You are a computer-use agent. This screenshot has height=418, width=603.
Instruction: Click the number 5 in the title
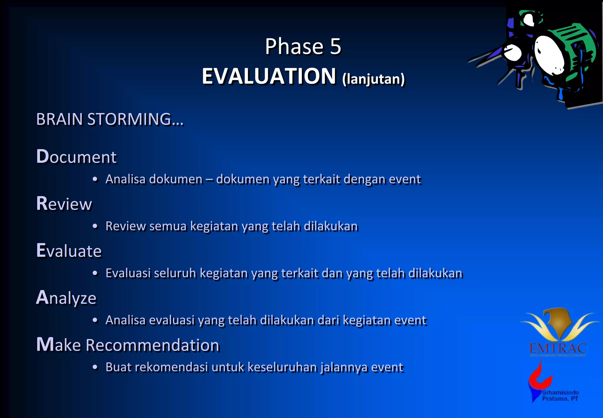click(335, 47)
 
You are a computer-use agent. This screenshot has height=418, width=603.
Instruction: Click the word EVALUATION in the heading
click(269, 76)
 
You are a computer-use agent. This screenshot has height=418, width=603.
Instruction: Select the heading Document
click(76, 157)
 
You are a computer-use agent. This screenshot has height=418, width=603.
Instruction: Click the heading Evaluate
click(69, 251)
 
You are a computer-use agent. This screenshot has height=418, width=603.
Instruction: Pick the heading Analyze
click(66, 298)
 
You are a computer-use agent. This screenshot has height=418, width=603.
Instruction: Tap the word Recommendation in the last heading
click(153, 345)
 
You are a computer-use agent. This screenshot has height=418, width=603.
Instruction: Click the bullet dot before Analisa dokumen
click(95, 180)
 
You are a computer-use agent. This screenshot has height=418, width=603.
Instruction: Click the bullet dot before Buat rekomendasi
click(95, 367)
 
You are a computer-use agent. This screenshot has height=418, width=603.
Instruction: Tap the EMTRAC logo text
click(557, 348)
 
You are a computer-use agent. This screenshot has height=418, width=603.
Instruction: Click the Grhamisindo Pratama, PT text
click(560, 396)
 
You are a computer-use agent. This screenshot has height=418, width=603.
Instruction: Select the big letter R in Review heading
click(42, 203)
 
